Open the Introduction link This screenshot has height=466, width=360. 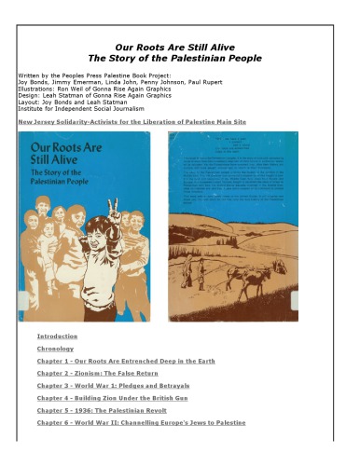point(58,336)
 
